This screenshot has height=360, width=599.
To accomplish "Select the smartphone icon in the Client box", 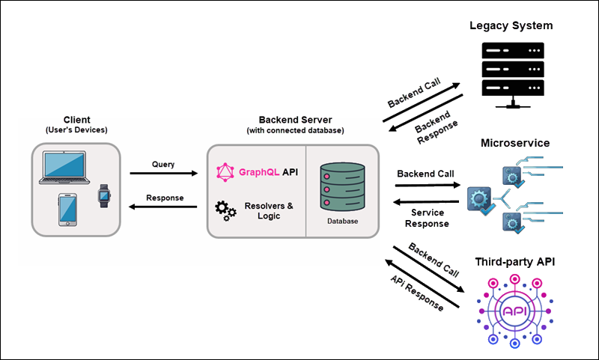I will pyautogui.click(x=67, y=210).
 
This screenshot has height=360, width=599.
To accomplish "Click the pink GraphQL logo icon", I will pyautogui.click(x=225, y=173).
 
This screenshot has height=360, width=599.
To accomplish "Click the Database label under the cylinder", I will pyautogui.click(x=342, y=222).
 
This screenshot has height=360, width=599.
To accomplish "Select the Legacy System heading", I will pyautogui.click(x=511, y=26).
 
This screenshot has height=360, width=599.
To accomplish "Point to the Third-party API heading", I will pyautogui.click(x=514, y=262).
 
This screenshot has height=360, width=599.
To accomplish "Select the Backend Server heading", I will pyautogui.click(x=294, y=120).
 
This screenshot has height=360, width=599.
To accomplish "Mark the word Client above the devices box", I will pyautogui.click(x=77, y=120).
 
